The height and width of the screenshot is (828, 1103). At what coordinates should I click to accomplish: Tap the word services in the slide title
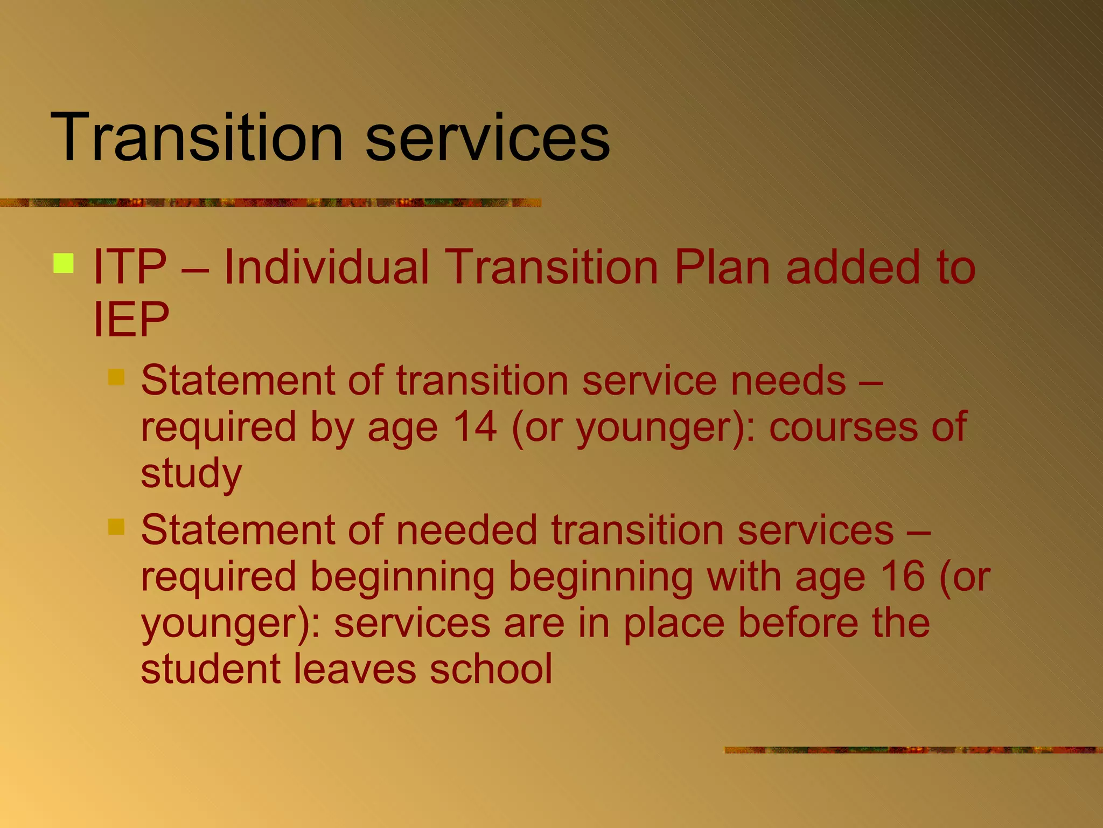pyautogui.click(x=487, y=138)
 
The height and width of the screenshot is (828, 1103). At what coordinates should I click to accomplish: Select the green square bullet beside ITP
pyautogui.click(x=64, y=264)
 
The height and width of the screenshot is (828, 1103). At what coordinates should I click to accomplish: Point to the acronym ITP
pyautogui.click(x=130, y=267)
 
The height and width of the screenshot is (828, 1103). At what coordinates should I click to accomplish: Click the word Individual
pyautogui.click(x=326, y=267)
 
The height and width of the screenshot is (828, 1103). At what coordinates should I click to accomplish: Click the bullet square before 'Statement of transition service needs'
pyautogui.click(x=116, y=377)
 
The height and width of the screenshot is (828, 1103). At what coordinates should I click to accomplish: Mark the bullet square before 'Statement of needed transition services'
pyautogui.click(x=116, y=527)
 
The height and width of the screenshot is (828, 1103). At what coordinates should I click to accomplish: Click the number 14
pyautogui.click(x=474, y=426)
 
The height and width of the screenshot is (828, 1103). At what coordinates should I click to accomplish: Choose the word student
pyautogui.click(x=211, y=669)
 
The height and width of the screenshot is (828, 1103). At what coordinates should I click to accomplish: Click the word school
pyautogui.click(x=491, y=669)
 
